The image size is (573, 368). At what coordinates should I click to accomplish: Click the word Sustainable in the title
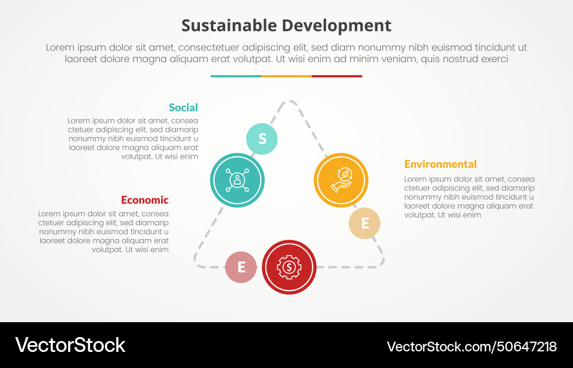(x=227, y=26)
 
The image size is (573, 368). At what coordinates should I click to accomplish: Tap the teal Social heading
(x=183, y=107)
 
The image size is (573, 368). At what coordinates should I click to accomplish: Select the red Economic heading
(x=145, y=200)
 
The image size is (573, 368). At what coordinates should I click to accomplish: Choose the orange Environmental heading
(x=440, y=164)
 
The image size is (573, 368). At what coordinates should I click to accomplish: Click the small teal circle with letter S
(x=262, y=139)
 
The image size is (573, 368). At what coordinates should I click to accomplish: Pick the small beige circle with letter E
(x=364, y=223)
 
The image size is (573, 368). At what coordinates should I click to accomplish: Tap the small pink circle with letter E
(x=241, y=267)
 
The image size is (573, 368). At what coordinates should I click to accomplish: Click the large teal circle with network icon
(x=237, y=180)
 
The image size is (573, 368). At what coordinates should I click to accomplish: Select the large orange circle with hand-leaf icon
(x=340, y=180)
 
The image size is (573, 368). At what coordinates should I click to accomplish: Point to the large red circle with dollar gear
(x=289, y=267)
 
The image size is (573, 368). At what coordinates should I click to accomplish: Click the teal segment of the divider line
(x=236, y=76)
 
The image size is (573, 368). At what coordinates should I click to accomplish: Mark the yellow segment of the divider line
(x=286, y=76)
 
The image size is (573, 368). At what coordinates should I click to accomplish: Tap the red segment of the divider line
(x=337, y=76)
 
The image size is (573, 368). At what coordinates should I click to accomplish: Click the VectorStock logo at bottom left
(x=70, y=345)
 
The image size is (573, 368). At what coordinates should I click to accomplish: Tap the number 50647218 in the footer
(x=521, y=346)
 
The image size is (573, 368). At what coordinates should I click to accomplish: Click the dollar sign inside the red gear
(x=289, y=267)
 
